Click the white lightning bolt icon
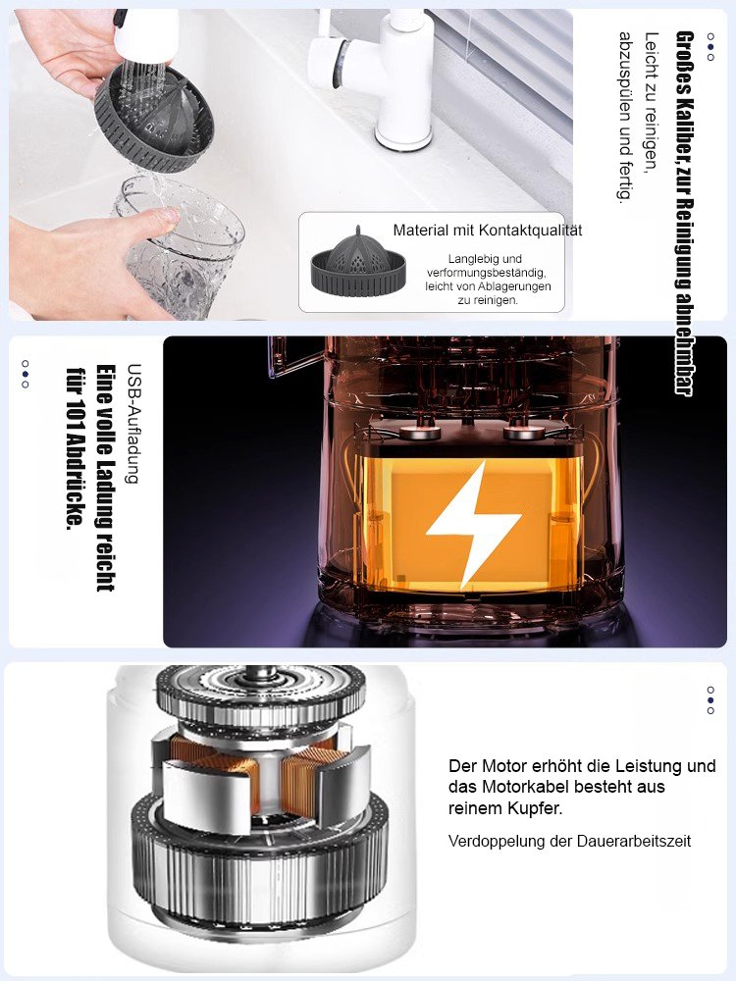click(474, 524)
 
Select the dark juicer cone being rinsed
click(154, 118)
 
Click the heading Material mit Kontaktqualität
click(487, 231)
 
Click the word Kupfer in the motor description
click(537, 808)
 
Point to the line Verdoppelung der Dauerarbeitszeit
click(569, 841)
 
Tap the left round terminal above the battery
click(418, 431)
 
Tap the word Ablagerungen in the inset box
click(513, 286)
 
